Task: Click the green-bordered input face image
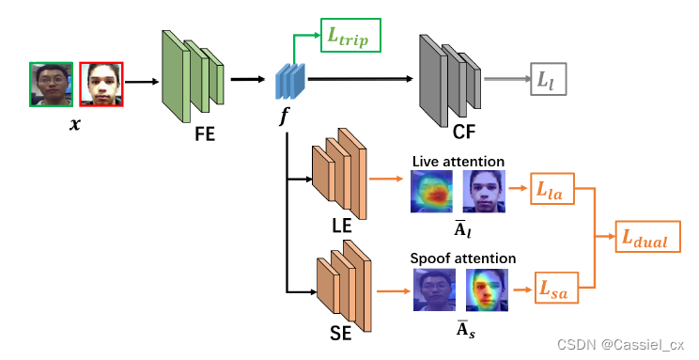pos(52,84)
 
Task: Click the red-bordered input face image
pos(101,84)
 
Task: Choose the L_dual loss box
pos(644,238)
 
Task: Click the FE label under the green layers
pos(204,133)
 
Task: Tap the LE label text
pos(342,227)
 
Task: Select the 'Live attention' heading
pos(458,162)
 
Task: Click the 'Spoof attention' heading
pos(462,258)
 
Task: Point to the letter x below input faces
pos(76,123)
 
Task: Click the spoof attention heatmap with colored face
pos(487,290)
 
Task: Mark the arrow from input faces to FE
pos(141,82)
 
